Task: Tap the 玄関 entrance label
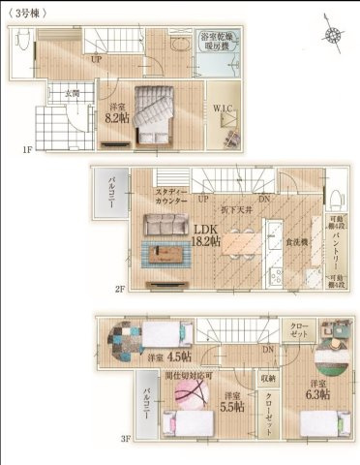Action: (72, 93)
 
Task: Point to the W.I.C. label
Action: (225, 107)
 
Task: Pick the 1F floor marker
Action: (29, 150)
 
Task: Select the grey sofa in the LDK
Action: (165, 225)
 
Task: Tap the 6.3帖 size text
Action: (316, 394)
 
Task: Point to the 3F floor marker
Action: (126, 438)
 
